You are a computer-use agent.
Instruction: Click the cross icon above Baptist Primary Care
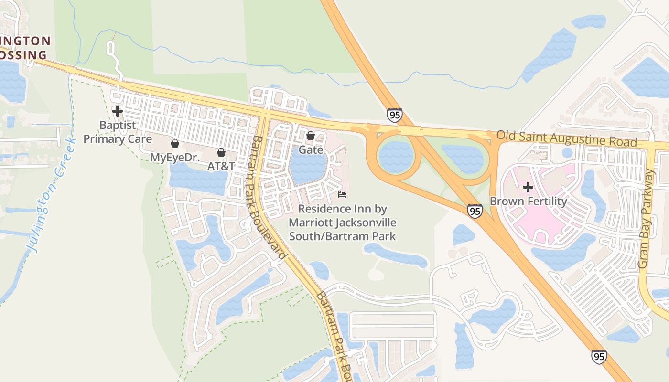117,111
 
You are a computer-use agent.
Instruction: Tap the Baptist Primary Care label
118,132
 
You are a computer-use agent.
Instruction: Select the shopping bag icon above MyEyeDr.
175,143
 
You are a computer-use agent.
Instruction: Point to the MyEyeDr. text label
175,157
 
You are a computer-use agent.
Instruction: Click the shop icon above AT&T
221,152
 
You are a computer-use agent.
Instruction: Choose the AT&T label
221,166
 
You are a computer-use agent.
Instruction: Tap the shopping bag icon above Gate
310,136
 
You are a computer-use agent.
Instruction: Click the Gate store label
311,150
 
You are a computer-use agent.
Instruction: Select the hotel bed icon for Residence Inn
342,195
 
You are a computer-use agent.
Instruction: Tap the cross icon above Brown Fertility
528,187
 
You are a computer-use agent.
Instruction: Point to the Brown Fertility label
528,201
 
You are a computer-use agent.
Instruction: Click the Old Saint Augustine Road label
566,138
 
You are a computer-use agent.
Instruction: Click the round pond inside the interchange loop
395,157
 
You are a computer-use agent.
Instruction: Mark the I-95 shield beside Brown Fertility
475,211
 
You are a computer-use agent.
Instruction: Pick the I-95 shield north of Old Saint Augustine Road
394,115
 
